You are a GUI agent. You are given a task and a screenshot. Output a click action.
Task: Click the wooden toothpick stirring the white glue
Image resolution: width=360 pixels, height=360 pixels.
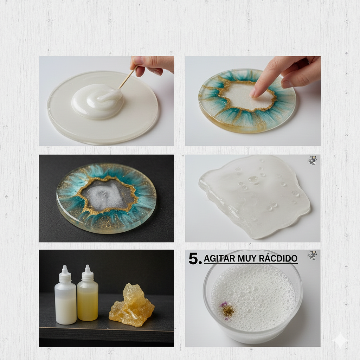(128, 77)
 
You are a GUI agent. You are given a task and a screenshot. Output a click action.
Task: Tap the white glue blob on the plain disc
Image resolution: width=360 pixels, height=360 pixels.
(98, 101)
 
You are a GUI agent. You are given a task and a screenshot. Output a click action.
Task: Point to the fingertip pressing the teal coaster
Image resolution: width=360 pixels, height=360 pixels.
(254, 92)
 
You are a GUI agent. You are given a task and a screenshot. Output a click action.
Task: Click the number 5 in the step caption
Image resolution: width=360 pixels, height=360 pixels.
(194, 259)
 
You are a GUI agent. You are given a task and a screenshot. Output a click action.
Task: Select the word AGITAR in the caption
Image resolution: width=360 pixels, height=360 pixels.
(219, 258)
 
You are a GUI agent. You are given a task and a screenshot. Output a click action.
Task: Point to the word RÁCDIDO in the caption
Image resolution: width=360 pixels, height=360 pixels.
(278, 258)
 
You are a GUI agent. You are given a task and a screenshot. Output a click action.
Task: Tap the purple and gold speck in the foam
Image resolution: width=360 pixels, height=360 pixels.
(227, 310)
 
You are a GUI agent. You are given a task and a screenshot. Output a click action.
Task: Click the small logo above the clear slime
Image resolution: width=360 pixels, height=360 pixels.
(312, 160)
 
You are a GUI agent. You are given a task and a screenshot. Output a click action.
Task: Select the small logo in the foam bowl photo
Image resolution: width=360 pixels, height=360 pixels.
(312, 255)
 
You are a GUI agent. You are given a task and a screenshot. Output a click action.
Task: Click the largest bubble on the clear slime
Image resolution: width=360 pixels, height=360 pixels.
(253, 180)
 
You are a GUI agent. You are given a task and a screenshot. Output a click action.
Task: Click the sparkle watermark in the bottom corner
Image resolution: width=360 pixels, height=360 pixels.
(340, 340)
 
